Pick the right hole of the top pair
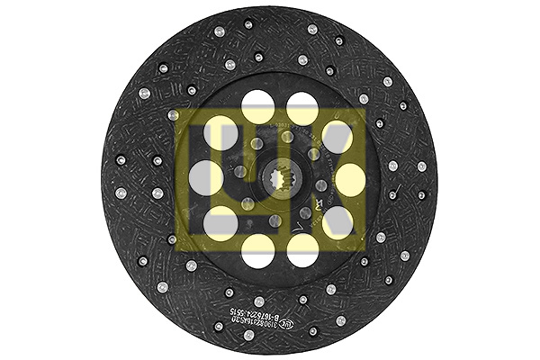tap(301, 109)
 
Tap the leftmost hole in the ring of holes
tap(205, 177)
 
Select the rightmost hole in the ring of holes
tap(349, 178)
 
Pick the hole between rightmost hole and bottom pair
tap(337, 220)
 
